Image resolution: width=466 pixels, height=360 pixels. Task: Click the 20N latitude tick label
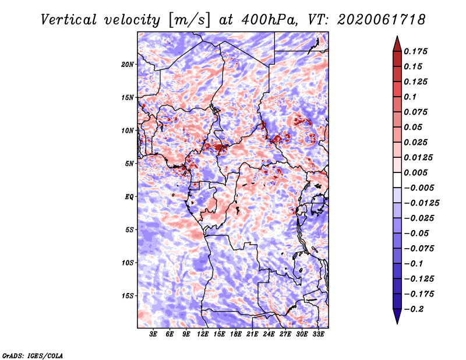(x=128, y=65)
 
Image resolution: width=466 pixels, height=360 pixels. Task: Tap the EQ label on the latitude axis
(x=129, y=197)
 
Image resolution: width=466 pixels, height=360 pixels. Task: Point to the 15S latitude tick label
(x=128, y=296)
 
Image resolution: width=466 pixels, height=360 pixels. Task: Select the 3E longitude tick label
(x=153, y=334)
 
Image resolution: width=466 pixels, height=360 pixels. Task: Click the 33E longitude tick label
(x=318, y=334)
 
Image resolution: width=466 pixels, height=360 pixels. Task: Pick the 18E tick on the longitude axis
(x=236, y=334)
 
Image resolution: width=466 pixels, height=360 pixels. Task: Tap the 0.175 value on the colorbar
(x=415, y=51)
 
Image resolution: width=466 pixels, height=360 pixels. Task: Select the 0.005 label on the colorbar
(x=415, y=172)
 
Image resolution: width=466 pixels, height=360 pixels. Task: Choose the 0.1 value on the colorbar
(x=410, y=97)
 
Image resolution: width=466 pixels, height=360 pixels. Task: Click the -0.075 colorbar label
(x=419, y=249)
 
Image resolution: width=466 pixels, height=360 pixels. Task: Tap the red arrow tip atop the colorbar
(x=397, y=36)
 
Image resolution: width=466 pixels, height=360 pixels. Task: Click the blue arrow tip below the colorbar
(x=397, y=323)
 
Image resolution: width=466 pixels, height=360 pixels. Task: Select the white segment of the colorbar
(x=397, y=180)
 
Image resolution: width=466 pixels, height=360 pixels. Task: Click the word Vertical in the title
(x=69, y=20)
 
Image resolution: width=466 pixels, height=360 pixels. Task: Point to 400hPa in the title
(x=270, y=20)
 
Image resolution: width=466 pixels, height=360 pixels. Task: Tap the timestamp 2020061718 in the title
(x=382, y=20)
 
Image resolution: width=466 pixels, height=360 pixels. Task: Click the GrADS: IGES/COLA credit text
(x=33, y=355)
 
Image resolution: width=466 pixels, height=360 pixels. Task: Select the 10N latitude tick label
(x=128, y=130)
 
